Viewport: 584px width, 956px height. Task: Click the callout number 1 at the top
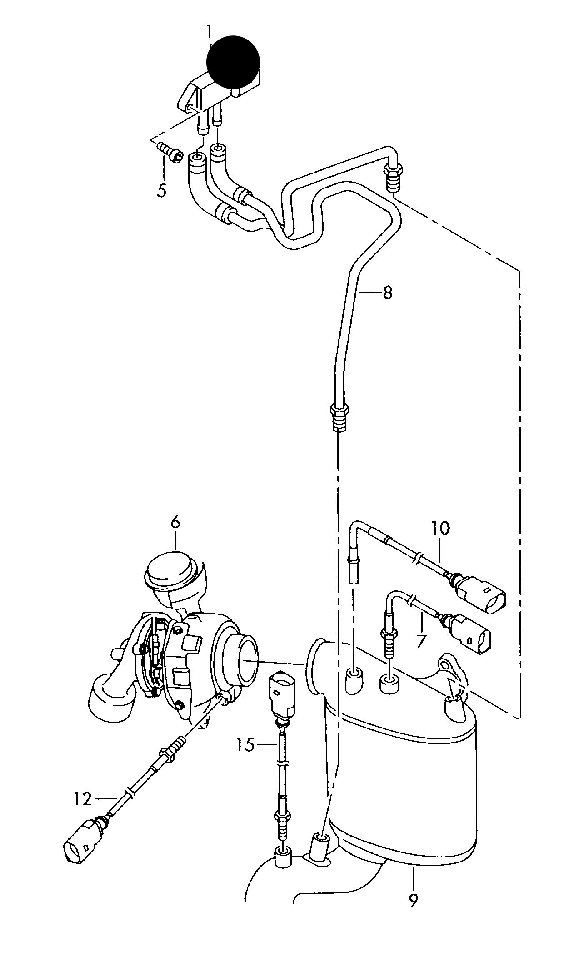[209, 32]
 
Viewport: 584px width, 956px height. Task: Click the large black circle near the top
[233, 61]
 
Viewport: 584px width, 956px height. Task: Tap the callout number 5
[162, 190]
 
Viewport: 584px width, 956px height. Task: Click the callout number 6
[175, 523]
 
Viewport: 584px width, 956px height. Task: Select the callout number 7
[421, 641]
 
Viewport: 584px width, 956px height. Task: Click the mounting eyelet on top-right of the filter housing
[445, 664]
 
